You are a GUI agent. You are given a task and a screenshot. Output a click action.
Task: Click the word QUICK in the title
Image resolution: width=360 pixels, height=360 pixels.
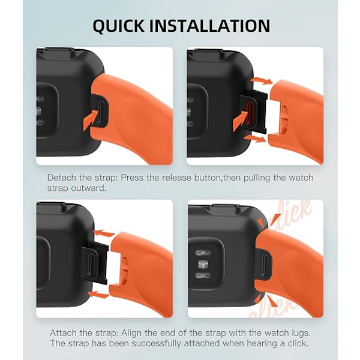point(118,26)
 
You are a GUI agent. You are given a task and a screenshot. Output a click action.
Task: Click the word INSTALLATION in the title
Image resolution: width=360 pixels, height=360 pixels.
point(210,25)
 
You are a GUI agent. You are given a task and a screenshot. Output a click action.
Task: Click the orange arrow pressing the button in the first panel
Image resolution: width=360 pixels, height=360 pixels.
point(90,119)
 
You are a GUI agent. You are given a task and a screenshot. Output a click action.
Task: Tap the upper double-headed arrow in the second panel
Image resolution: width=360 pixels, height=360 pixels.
point(261,81)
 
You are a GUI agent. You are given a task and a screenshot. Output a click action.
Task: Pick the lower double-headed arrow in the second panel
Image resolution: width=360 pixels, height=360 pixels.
point(254,139)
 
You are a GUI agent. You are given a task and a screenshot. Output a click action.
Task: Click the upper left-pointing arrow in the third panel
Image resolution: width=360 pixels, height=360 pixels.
point(104,234)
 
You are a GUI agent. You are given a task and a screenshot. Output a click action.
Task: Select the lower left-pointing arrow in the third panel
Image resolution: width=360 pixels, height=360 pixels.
point(99,295)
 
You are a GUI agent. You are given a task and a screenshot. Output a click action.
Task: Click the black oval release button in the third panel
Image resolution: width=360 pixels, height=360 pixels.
point(91,263)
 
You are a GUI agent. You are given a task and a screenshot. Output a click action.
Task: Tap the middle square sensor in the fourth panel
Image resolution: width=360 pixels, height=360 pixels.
point(203,264)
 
